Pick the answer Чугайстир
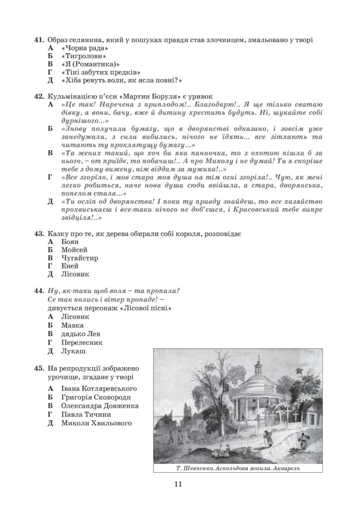tap(80, 257)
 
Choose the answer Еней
tap(70, 265)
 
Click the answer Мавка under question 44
tap(72, 325)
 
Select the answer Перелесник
tap(83, 342)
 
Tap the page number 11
tap(180, 485)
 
